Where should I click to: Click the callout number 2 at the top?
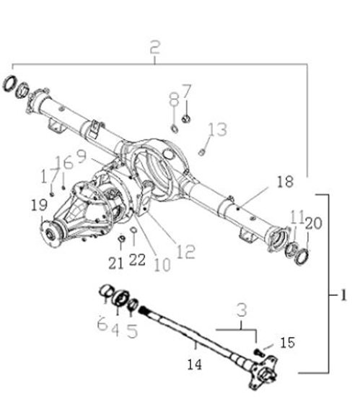click(155, 47)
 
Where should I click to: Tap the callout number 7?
click(187, 91)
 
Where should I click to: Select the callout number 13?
click(217, 129)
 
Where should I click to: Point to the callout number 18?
click(286, 181)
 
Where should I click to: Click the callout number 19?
click(39, 204)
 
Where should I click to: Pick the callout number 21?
click(116, 263)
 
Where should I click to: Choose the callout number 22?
click(137, 259)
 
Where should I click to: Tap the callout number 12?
click(186, 252)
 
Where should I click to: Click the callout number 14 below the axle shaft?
click(195, 365)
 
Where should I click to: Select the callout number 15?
click(288, 343)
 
